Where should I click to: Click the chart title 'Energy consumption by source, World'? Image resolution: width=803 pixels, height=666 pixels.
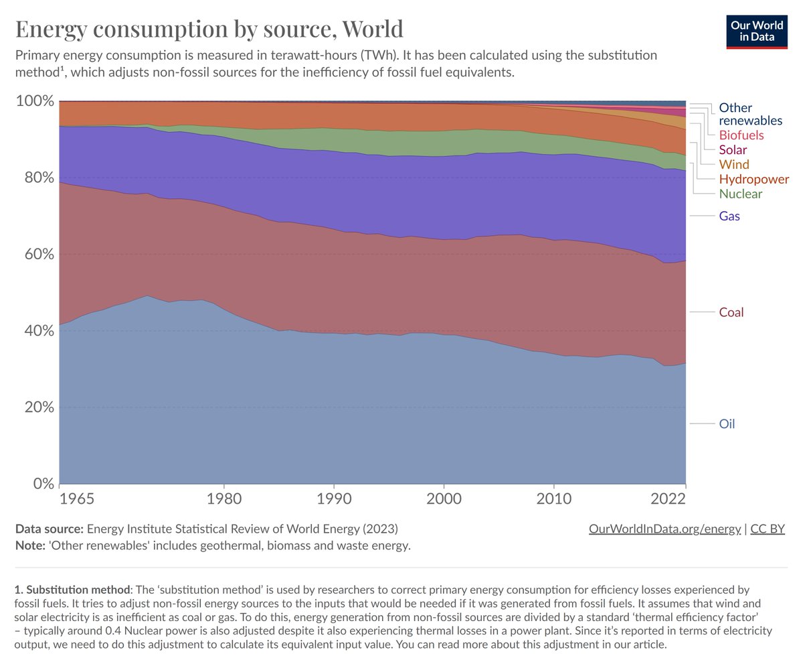pyautogui.click(x=209, y=29)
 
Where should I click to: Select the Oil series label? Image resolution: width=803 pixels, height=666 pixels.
pyautogui.click(x=727, y=423)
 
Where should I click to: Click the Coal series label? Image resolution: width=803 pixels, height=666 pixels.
pyautogui.click(x=731, y=312)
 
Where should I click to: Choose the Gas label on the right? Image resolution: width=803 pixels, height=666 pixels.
pyautogui.click(x=729, y=216)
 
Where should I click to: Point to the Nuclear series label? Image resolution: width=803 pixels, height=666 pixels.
pyautogui.click(x=740, y=194)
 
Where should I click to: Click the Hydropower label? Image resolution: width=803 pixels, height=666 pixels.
pyautogui.click(x=753, y=179)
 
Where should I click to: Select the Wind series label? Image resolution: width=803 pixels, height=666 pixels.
pyautogui.click(x=733, y=164)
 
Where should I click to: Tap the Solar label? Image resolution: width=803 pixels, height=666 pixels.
pyautogui.click(x=733, y=149)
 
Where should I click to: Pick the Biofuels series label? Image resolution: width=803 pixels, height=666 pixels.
pyautogui.click(x=741, y=135)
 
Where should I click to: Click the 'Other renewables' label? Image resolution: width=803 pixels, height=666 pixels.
pyautogui.click(x=750, y=114)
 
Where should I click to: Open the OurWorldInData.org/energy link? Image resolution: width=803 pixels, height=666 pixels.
pyautogui.click(x=664, y=529)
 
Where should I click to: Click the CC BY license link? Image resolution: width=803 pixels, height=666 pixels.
pyautogui.click(x=767, y=529)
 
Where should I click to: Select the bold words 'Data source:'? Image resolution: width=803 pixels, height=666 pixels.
pyautogui.click(x=50, y=529)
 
